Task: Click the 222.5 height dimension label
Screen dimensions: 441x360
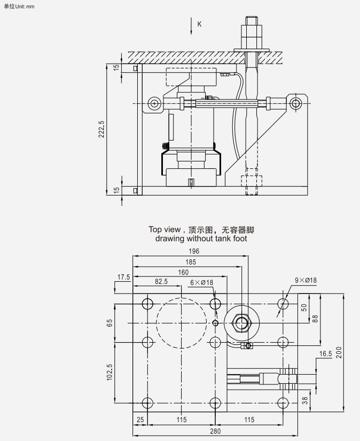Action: [101, 128]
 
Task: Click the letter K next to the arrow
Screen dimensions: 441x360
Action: [200, 24]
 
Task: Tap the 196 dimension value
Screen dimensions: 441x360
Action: [193, 251]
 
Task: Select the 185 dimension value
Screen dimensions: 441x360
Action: [191, 262]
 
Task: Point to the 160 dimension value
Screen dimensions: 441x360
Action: [184, 272]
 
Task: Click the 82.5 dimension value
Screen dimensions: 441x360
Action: [161, 282]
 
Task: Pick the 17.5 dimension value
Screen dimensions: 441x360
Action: [124, 277]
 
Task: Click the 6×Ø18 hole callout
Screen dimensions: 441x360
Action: [202, 282]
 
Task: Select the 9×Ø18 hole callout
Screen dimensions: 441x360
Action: [306, 280]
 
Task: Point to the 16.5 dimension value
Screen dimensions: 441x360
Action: [326, 354]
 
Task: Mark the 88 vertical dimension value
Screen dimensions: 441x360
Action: [315, 318]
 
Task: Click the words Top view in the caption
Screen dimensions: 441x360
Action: [163, 230]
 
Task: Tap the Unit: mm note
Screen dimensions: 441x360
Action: [19, 5]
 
